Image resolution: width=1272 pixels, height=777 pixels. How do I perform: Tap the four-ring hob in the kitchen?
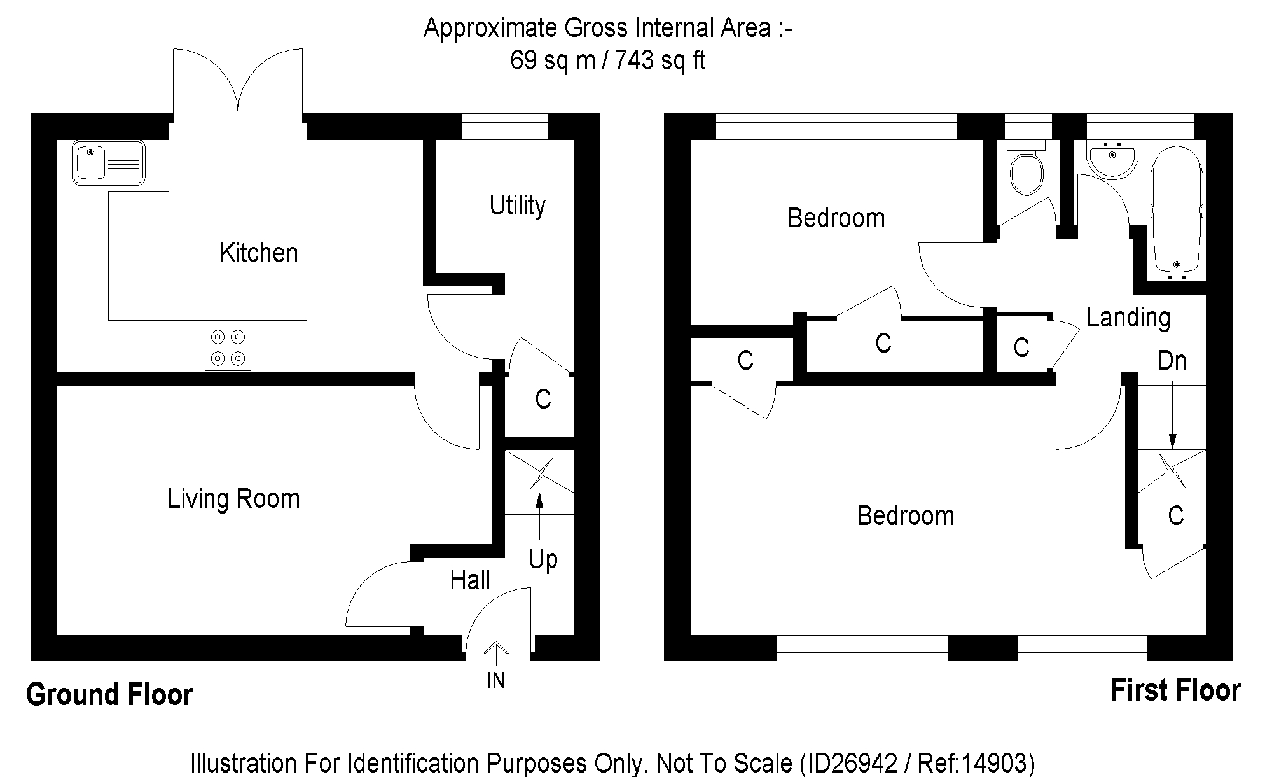[x=228, y=347]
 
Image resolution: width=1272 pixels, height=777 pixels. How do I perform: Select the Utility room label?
[x=517, y=206]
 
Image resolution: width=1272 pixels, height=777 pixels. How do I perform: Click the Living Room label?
[x=233, y=499]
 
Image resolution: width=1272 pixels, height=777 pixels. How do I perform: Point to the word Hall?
[x=470, y=580]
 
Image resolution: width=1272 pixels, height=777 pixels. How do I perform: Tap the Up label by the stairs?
[x=543, y=560]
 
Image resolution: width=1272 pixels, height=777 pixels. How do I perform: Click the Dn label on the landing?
[x=1172, y=361]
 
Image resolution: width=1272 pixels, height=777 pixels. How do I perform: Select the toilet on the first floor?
[x=1027, y=171]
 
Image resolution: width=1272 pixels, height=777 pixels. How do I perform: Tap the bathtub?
[x=1177, y=213]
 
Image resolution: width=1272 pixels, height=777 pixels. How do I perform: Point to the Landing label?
[x=1128, y=318]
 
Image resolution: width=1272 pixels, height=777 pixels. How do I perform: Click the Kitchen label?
[x=259, y=253]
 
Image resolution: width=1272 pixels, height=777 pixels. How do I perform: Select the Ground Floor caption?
[x=109, y=694]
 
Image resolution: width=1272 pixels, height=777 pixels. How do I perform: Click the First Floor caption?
[x=1175, y=691]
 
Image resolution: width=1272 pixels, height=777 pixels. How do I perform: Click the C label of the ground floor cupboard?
[x=543, y=400]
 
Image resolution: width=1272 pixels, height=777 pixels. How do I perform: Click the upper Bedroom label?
[x=836, y=218]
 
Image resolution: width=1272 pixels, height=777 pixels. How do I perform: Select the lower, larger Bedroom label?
[x=905, y=516]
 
